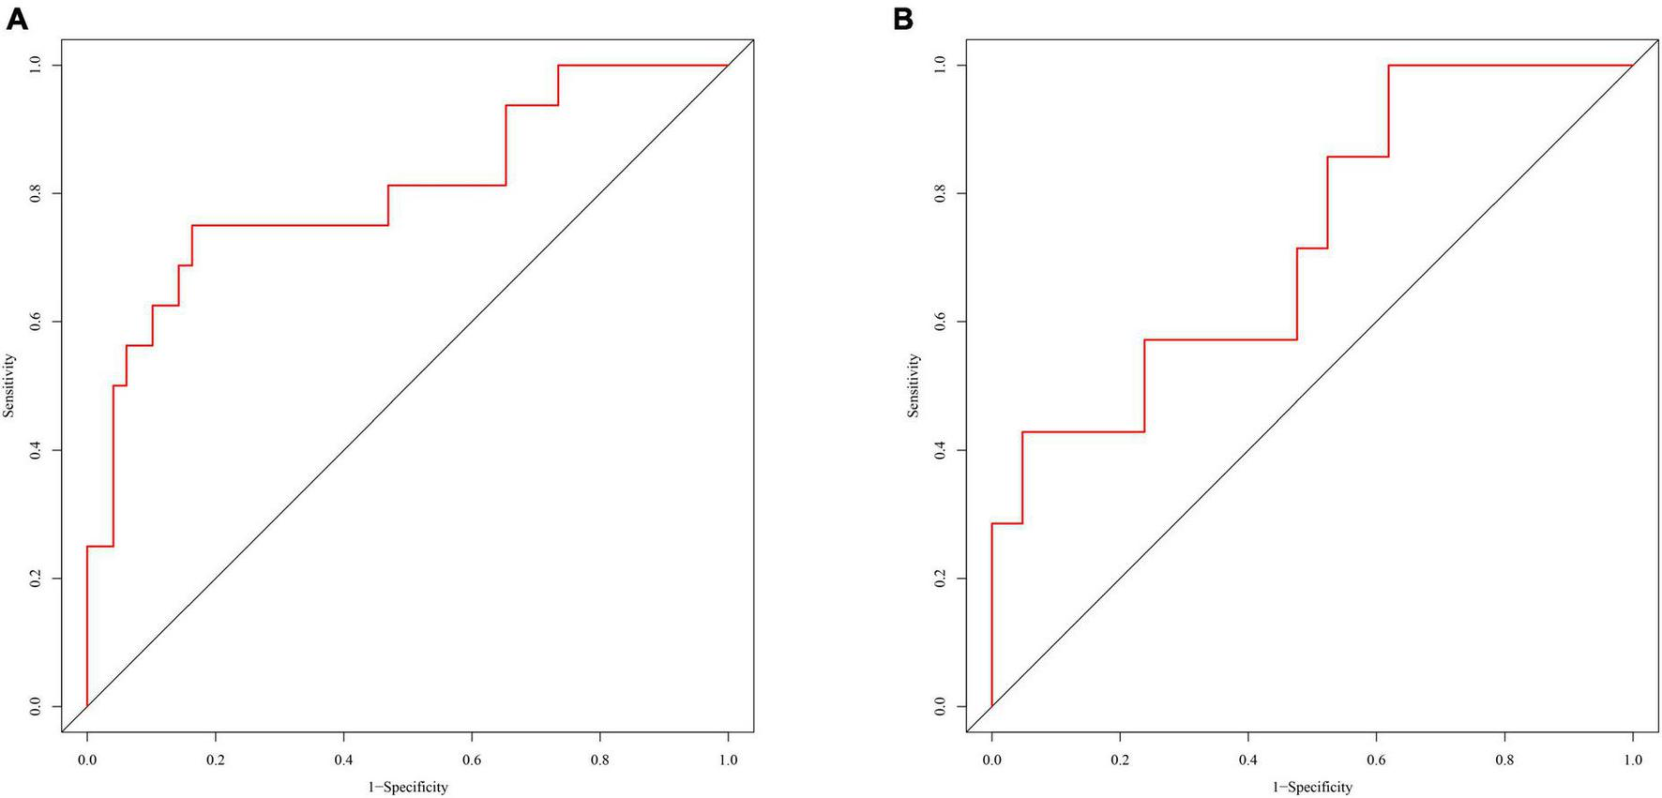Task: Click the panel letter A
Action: [16, 18]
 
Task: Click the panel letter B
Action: [903, 18]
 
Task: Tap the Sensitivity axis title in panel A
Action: [9, 385]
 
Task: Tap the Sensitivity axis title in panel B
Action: [914, 385]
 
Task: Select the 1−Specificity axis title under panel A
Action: [407, 787]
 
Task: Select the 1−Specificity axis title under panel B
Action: [1312, 787]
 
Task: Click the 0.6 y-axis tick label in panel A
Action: [35, 322]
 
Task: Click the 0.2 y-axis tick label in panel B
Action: [940, 579]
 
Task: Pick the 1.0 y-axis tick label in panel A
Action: [35, 65]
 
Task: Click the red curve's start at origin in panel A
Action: [87, 705]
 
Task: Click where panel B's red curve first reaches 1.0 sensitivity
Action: [1388, 66]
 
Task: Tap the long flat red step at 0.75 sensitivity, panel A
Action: [291, 225]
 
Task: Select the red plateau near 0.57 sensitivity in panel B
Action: [1219, 339]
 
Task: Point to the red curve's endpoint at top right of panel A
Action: [727, 66]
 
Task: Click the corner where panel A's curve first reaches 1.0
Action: [558, 66]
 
